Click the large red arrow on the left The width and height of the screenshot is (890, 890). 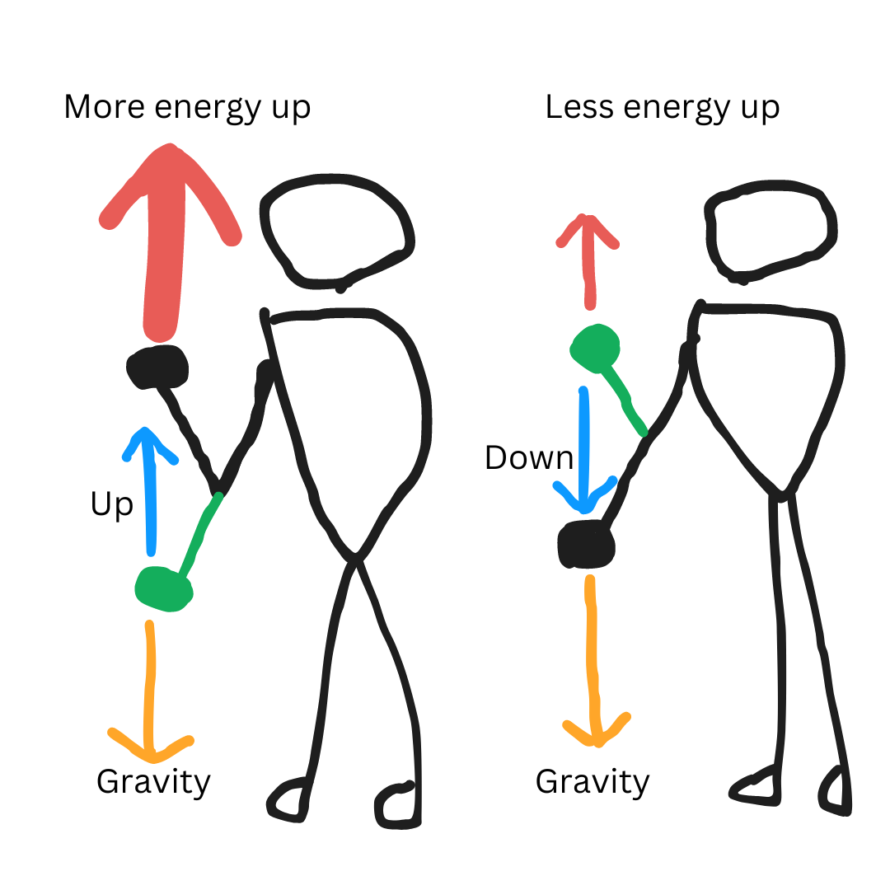click(x=165, y=247)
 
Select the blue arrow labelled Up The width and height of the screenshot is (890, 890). click(x=149, y=494)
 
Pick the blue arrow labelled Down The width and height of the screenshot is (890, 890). click(x=584, y=445)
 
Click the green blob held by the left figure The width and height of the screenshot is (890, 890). click(x=163, y=588)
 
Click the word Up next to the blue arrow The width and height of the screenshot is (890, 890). click(x=111, y=504)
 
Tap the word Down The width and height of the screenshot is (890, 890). click(x=528, y=457)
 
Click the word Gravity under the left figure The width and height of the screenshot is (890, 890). click(x=154, y=782)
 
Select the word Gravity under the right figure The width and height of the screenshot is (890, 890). click(x=593, y=782)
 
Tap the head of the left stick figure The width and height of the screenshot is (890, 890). click(x=336, y=231)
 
